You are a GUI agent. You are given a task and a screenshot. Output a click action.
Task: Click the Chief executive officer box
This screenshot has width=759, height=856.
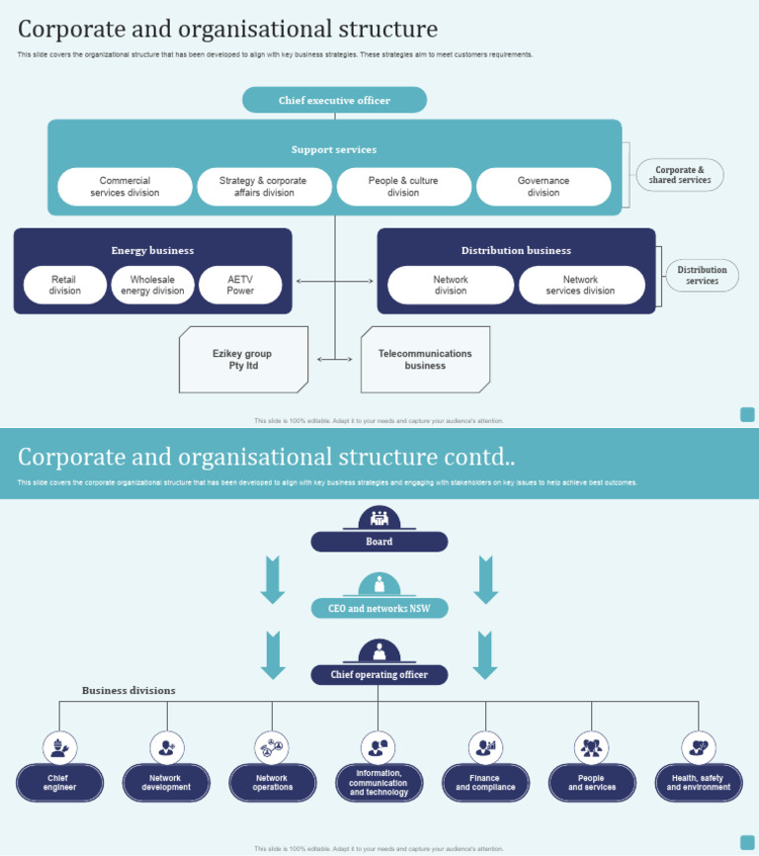point(334,100)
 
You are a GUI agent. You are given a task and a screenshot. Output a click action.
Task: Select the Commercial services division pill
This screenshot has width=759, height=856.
point(125,187)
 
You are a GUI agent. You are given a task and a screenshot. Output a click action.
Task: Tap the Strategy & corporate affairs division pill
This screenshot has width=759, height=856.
point(264,187)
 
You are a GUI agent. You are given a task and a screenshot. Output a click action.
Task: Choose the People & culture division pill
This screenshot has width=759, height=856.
point(403,187)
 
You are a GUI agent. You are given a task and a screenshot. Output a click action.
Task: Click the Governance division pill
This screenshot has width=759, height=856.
point(544,187)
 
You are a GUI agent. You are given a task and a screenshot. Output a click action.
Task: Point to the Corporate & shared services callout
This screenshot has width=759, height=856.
point(680,175)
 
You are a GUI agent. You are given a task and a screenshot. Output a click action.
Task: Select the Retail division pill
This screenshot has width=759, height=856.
point(65,285)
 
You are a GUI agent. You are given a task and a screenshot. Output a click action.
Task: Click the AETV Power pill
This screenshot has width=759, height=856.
point(240,285)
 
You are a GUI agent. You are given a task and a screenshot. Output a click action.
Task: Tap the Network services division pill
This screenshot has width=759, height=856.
point(581,285)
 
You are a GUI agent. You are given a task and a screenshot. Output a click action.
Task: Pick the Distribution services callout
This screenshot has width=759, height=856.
point(702,275)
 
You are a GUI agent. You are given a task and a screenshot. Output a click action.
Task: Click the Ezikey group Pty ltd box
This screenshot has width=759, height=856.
point(243,360)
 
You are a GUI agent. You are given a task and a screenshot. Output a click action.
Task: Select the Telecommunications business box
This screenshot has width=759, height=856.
point(425,360)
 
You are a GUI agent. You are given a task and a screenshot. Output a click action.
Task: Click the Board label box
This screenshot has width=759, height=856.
point(379,542)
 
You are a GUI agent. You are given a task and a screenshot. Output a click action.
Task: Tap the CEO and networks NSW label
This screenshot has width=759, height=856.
point(379,609)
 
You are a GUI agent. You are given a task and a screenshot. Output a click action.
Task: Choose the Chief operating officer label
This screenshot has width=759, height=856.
point(379,675)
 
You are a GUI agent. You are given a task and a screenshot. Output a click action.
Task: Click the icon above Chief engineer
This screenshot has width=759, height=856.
point(59,747)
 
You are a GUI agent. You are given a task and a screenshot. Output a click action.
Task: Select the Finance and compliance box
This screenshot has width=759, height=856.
point(485,783)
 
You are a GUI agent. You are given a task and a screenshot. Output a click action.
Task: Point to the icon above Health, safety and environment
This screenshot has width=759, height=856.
point(699,747)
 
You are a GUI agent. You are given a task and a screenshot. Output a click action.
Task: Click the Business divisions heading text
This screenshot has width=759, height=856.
point(128,691)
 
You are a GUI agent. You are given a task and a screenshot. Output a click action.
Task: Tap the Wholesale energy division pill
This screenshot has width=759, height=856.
point(153,285)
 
